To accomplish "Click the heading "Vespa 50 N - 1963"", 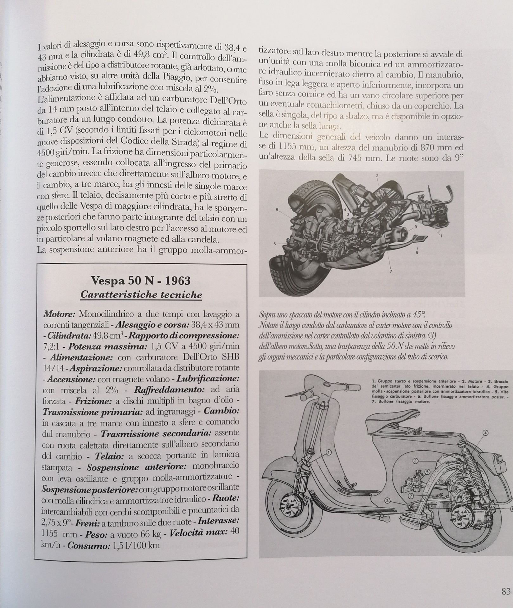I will point(141,280).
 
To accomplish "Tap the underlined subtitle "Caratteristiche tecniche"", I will point(141,294).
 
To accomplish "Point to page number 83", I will point(506,591).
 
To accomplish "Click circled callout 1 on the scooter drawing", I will point(329,453).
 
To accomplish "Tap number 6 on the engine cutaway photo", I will point(277,209).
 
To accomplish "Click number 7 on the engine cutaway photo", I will point(391,271).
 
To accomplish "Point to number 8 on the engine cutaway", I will point(417,252).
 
